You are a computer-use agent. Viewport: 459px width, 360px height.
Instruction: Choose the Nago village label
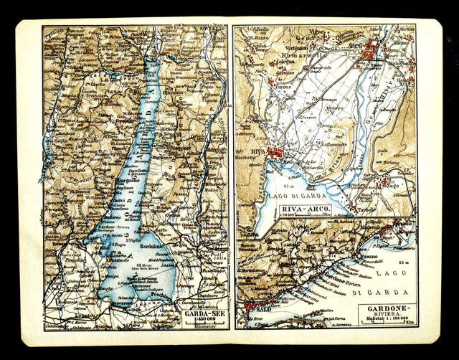(391, 184)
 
